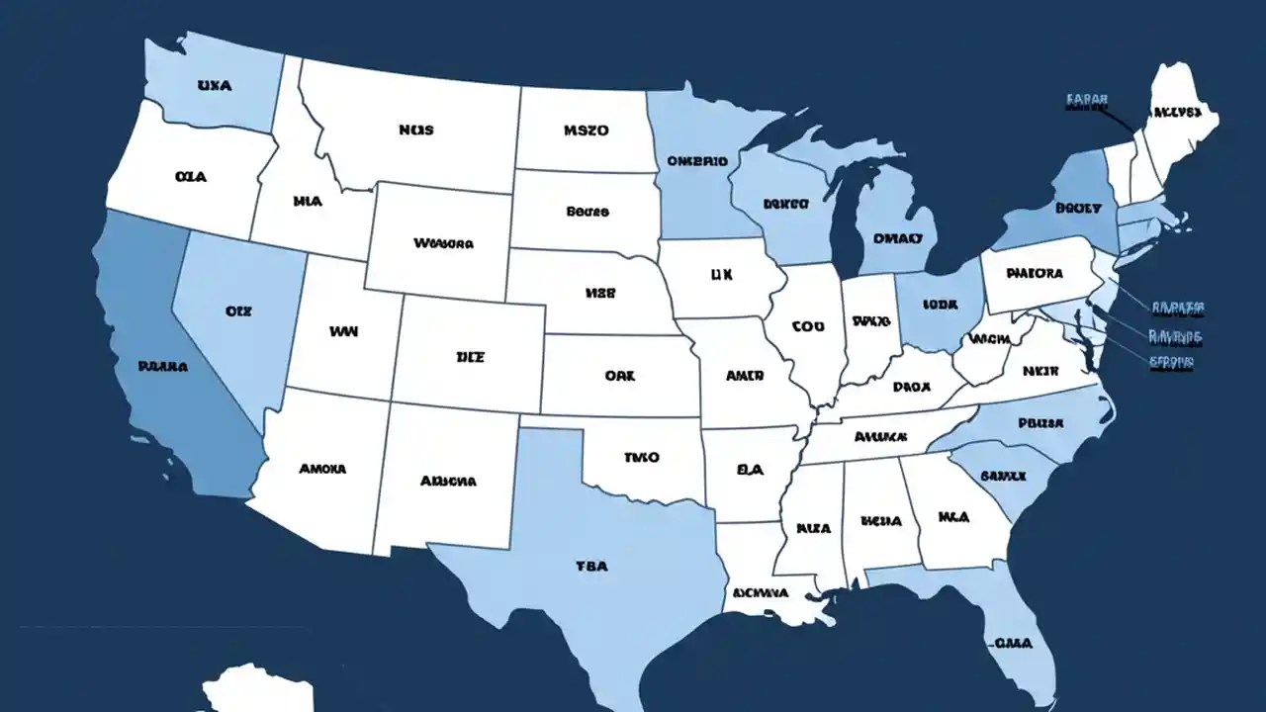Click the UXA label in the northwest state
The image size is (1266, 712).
pyautogui.click(x=215, y=86)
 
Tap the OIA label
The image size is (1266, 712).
pyautogui.click(x=190, y=177)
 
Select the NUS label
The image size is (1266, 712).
pyautogui.click(x=416, y=130)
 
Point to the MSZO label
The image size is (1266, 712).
pyautogui.click(x=587, y=130)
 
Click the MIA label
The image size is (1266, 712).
pyautogui.click(x=308, y=201)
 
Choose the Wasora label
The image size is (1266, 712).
pyautogui.click(x=443, y=242)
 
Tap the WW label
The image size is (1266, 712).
pyautogui.click(x=342, y=333)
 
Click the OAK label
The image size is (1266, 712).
pyautogui.click(x=620, y=376)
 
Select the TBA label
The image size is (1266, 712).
pyautogui.click(x=591, y=567)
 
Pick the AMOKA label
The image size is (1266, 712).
pyautogui.click(x=322, y=469)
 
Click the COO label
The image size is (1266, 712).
pyautogui.click(x=807, y=324)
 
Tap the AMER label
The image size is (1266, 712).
pyautogui.click(x=745, y=376)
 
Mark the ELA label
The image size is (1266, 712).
pyautogui.click(x=751, y=472)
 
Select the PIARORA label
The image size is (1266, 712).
pyautogui.click(x=1034, y=273)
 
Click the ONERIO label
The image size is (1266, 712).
pyautogui.click(x=697, y=160)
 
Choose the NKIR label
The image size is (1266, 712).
pyautogui.click(x=1040, y=371)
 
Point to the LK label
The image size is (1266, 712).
pyautogui.click(x=721, y=277)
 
